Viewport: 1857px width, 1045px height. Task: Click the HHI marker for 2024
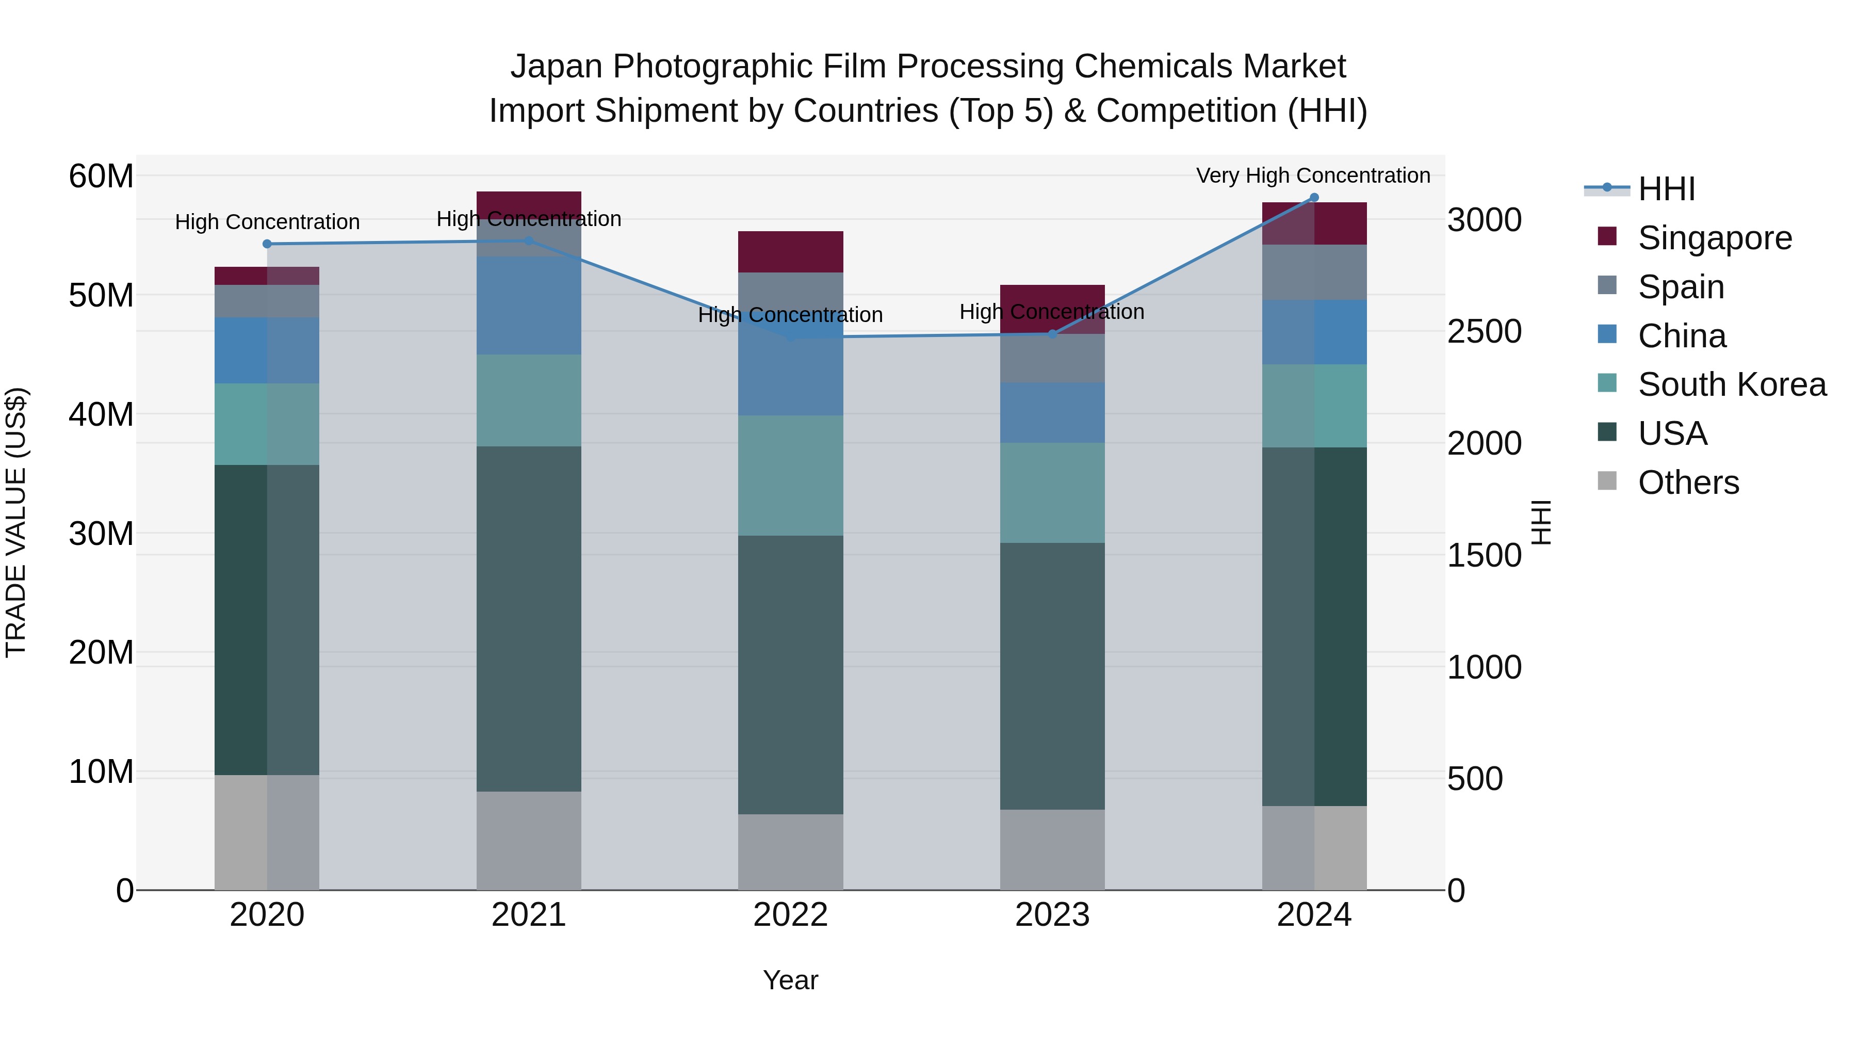1313,198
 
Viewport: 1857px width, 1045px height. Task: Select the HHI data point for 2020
267,244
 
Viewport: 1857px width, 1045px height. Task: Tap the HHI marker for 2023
1052,334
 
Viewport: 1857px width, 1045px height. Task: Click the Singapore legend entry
1714,238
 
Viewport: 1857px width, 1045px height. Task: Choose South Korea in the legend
1732,384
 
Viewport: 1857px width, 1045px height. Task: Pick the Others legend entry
1688,483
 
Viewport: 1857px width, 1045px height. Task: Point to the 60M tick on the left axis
101,176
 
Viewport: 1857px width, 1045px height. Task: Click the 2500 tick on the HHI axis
1484,332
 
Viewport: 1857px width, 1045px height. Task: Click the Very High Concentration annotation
1313,176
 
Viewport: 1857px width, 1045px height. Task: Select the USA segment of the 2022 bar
790,674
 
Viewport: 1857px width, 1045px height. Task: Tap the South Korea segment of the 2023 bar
1052,493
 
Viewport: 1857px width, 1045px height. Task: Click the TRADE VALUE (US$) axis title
17,522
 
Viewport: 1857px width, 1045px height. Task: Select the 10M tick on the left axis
101,771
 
